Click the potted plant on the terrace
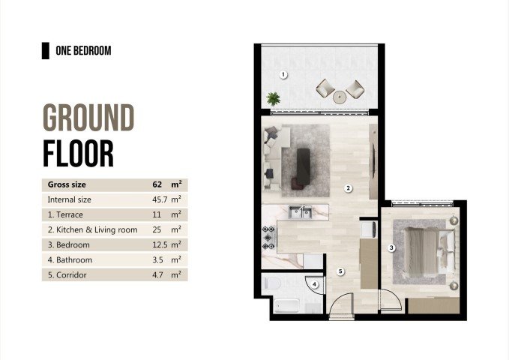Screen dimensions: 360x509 tap(273, 97)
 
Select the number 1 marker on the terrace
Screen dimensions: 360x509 tap(283, 74)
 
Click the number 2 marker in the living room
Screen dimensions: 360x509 tap(348, 188)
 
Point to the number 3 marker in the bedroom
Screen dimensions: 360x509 tap(391, 247)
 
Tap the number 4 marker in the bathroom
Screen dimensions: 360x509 tap(316, 284)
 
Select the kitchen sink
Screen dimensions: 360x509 tap(301, 213)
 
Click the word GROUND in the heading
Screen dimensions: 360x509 tap(88, 118)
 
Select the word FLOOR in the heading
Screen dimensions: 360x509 tap(78, 152)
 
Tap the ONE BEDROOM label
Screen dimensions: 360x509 tap(83, 51)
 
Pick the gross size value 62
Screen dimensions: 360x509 tap(157, 184)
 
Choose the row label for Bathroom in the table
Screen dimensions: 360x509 tap(70, 260)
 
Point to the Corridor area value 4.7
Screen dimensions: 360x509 tap(159, 275)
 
